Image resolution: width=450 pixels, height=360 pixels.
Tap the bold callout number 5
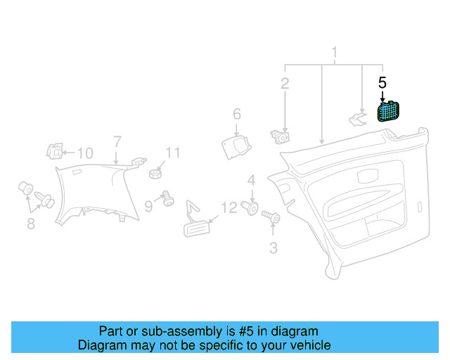coord(382,83)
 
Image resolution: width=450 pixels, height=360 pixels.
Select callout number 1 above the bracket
coord(335,53)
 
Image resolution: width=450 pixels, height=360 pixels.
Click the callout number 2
coord(285,84)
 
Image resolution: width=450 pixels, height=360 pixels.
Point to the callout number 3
coord(274,248)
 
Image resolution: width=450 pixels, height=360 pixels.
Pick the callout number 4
coord(252,180)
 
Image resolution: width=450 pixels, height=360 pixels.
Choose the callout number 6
coord(237,114)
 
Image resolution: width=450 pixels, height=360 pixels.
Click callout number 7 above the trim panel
coord(117,142)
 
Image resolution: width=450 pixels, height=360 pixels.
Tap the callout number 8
coord(31,224)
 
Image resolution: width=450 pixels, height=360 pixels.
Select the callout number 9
coord(148,206)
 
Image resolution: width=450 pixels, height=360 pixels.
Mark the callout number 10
coord(85,153)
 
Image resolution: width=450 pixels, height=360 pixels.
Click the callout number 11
coord(173,153)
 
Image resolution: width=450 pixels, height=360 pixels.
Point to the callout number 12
coord(229,207)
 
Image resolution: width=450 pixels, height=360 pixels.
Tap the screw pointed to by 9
coord(168,199)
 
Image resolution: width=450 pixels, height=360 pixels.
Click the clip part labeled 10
coord(55,151)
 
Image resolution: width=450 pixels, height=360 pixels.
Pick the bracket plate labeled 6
coord(236,148)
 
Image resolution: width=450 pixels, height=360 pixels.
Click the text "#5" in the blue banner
coord(246,331)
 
